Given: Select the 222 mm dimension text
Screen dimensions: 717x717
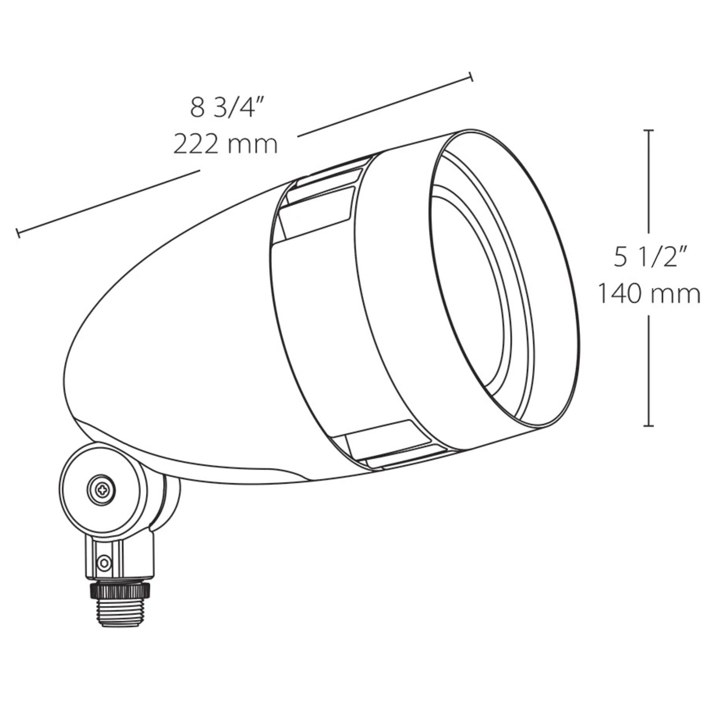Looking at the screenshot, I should [225, 144].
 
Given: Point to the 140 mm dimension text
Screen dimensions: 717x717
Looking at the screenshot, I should [649, 294].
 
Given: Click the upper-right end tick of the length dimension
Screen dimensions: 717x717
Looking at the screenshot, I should [471, 77].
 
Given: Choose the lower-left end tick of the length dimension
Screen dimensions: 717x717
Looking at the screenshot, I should [18, 233].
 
